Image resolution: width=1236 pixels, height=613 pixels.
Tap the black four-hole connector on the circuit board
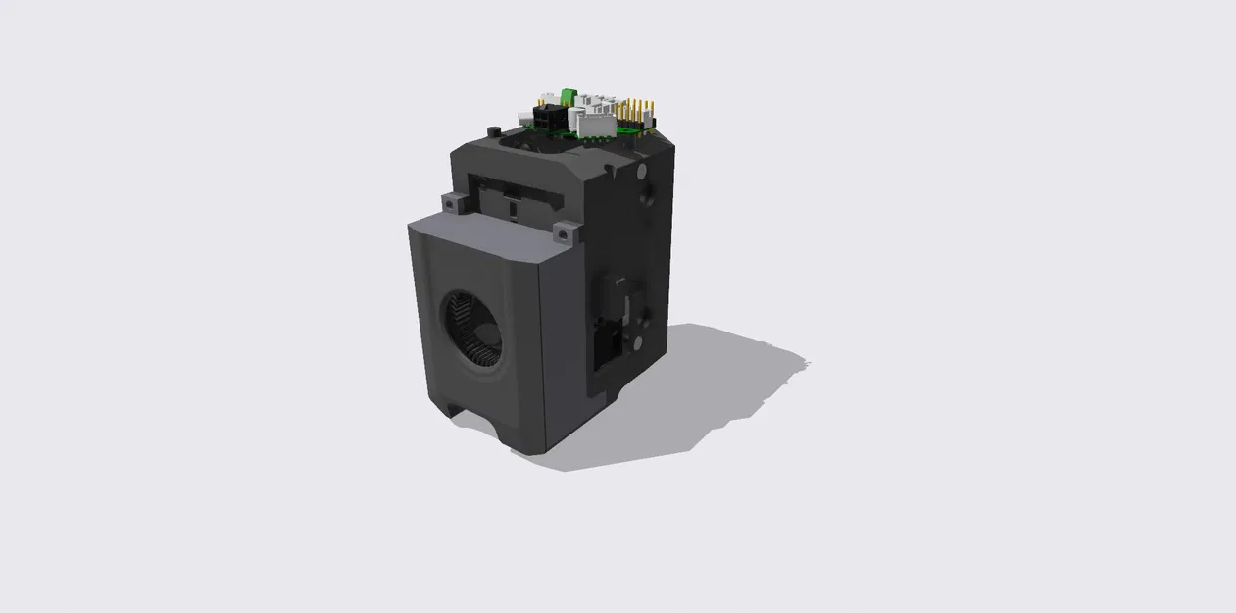click(546, 118)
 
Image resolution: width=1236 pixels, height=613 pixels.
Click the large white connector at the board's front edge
click(595, 124)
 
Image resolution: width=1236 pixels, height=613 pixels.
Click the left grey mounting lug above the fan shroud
click(452, 203)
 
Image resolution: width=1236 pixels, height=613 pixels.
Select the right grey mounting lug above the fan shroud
click(566, 233)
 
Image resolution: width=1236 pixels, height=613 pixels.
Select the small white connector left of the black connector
click(523, 116)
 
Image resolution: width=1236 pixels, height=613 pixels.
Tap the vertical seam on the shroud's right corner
click(542, 353)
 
